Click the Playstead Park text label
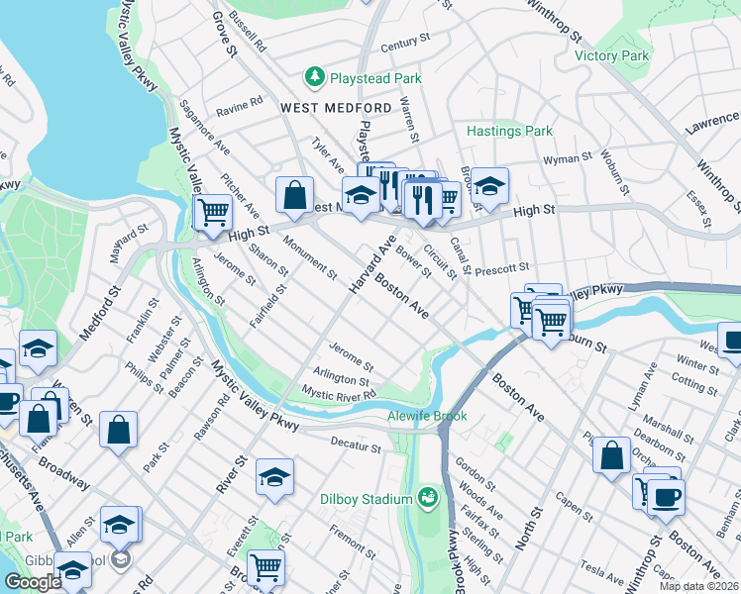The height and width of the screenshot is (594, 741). [x=376, y=78]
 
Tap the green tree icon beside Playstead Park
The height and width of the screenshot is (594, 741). [x=315, y=76]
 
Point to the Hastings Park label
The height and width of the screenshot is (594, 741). [x=509, y=131]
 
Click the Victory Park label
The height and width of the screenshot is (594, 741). [x=611, y=55]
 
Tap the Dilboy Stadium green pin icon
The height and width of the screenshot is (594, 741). [x=428, y=495]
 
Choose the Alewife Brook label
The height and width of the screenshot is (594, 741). [x=427, y=417]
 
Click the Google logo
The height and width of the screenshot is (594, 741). [x=33, y=581]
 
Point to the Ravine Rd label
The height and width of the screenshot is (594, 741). [x=241, y=102]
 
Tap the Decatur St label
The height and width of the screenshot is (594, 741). [x=356, y=447]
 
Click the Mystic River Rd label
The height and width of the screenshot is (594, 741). [x=339, y=394]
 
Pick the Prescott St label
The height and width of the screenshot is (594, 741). [x=503, y=267]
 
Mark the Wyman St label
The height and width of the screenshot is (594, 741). [x=567, y=157]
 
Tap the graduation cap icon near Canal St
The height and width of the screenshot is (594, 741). [x=488, y=184]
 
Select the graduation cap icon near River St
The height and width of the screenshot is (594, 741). [x=274, y=477]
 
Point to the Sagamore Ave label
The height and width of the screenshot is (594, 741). [x=203, y=126]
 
